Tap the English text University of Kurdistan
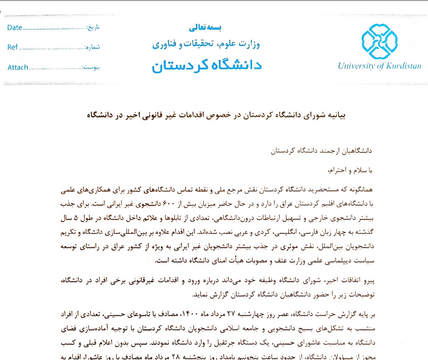[x=379, y=66]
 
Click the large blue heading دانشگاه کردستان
[x=206, y=65]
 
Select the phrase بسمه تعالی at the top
[x=205, y=28]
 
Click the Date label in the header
[x=15, y=28]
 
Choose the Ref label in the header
[x=13, y=47]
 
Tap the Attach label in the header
[x=18, y=67]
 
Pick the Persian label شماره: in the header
[x=92, y=47]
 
